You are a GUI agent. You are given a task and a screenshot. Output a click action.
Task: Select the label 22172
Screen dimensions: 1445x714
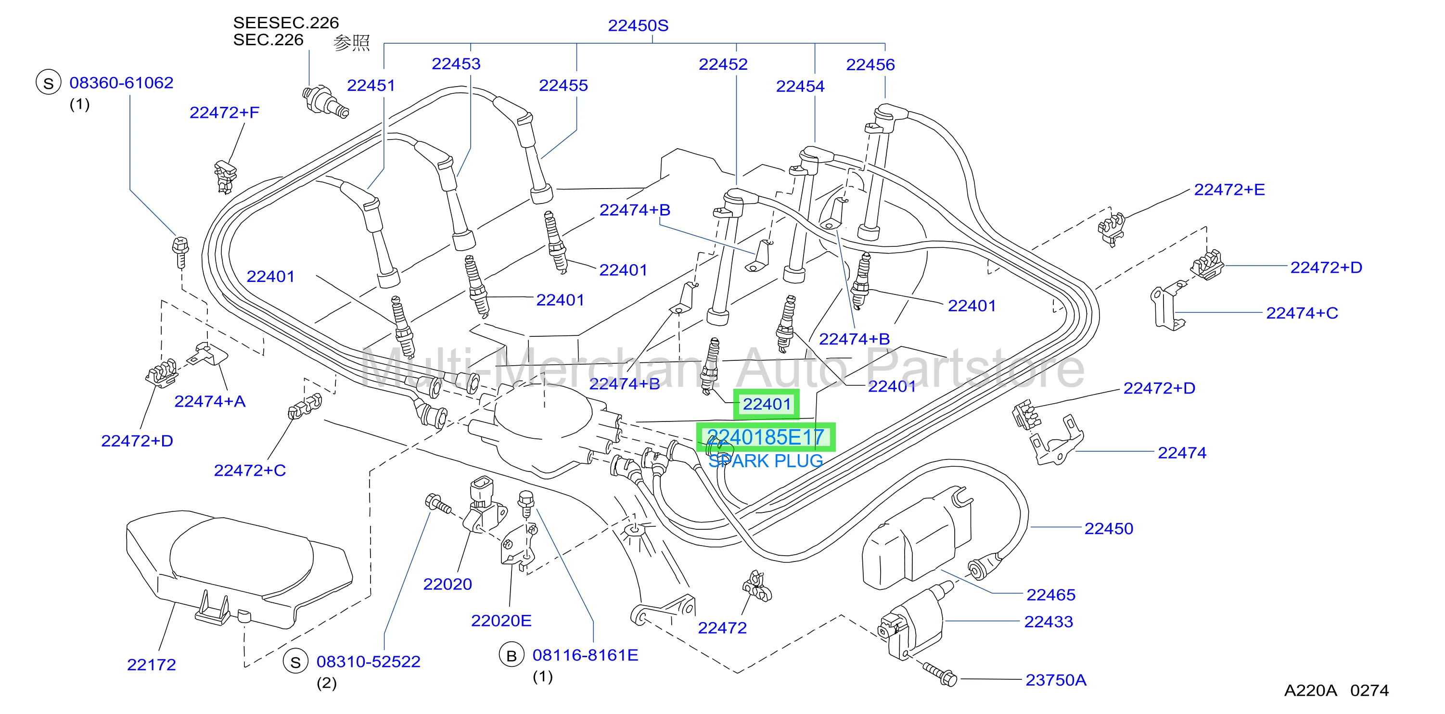click(152, 664)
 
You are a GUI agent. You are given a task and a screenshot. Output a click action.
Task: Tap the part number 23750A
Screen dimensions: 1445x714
click(1056, 680)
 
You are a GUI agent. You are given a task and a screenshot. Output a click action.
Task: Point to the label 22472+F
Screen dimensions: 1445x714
click(224, 113)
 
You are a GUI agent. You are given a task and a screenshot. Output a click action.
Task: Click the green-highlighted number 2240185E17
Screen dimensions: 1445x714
click(766, 437)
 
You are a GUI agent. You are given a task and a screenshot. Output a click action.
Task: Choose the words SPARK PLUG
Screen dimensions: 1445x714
click(766, 461)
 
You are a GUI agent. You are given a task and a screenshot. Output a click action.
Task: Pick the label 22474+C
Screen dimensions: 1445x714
click(1302, 313)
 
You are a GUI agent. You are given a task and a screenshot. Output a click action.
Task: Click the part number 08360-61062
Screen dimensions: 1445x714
click(121, 83)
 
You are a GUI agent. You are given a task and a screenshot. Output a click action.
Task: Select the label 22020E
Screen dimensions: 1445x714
click(501, 621)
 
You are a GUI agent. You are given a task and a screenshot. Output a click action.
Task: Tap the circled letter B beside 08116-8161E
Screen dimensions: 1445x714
click(512, 656)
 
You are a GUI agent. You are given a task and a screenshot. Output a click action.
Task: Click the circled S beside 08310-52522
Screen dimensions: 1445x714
click(295, 663)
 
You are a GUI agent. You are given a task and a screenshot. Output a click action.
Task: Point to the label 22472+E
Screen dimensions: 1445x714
click(1229, 190)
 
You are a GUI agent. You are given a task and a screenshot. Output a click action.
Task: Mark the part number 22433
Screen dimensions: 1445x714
click(1049, 622)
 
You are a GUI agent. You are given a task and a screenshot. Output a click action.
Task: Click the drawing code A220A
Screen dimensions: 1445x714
click(1310, 690)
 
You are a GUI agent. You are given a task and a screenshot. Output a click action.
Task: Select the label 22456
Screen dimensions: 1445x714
click(870, 64)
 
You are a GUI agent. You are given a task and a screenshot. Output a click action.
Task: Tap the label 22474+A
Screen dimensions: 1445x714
click(210, 402)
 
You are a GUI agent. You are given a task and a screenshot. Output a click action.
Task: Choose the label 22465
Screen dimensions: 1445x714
click(1050, 595)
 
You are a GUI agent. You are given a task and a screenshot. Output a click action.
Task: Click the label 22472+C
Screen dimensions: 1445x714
click(250, 470)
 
